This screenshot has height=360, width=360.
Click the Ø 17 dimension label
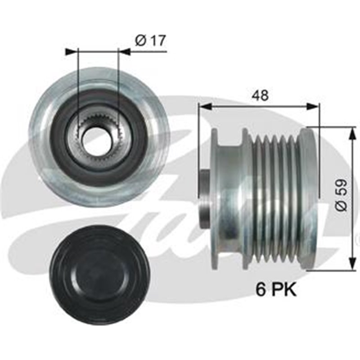click(150, 40)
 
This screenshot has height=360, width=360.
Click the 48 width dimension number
click(260, 95)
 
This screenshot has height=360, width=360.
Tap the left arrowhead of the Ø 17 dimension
click(72, 52)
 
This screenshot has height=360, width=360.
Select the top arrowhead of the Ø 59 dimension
click(350, 131)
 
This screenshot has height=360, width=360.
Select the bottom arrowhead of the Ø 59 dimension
click(350, 265)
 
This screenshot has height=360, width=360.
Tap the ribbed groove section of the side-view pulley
click(274, 198)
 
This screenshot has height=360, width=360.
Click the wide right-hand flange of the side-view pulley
click(309, 198)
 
